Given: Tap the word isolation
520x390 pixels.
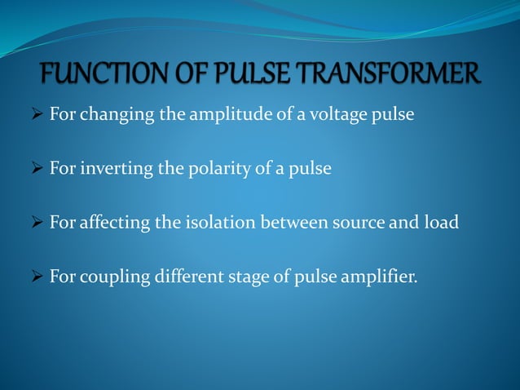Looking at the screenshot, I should (218, 222).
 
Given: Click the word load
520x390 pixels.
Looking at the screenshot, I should (443, 222).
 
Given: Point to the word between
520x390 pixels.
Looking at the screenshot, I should (296, 222).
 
